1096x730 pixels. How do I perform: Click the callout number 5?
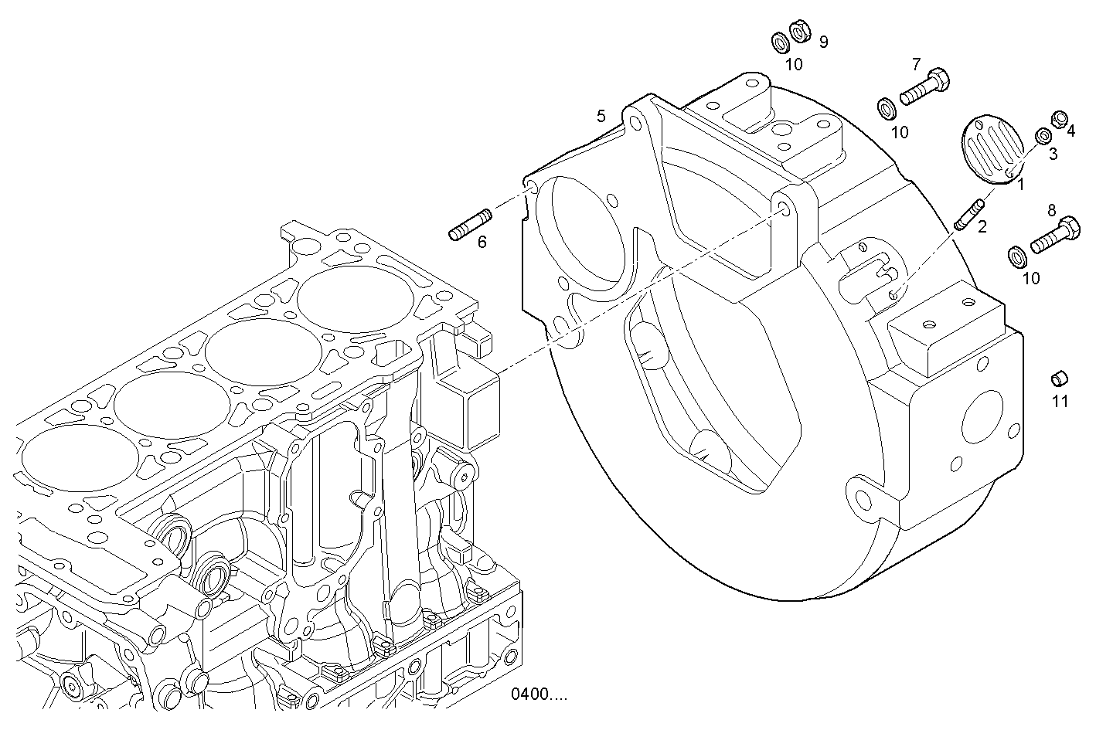(x=601, y=117)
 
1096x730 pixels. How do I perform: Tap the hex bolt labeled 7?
(x=924, y=86)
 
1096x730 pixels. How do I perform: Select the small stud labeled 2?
(x=969, y=214)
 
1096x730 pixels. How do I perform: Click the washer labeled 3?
(x=1043, y=137)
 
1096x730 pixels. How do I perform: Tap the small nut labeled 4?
(x=1061, y=119)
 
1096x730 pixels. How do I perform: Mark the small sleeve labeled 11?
(x=1059, y=378)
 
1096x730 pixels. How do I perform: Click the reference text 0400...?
(x=538, y=694)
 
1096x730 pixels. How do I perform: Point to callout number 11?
(x=1060, y=401)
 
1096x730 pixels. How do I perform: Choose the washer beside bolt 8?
(x=1017, y=255)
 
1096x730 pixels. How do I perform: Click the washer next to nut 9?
(x=779, y=40)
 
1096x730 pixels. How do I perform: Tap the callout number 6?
(x=482, y=243)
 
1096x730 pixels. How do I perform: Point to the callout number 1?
(x=1021, y=184)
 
